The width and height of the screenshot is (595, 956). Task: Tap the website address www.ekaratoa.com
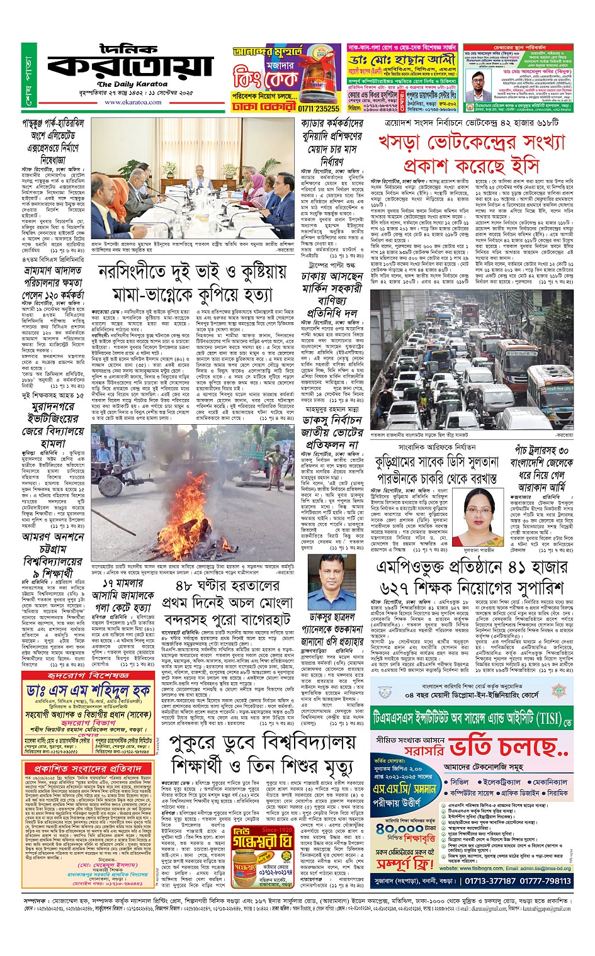tap(132, 101)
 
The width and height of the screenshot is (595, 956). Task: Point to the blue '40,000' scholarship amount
tap(399, 828)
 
